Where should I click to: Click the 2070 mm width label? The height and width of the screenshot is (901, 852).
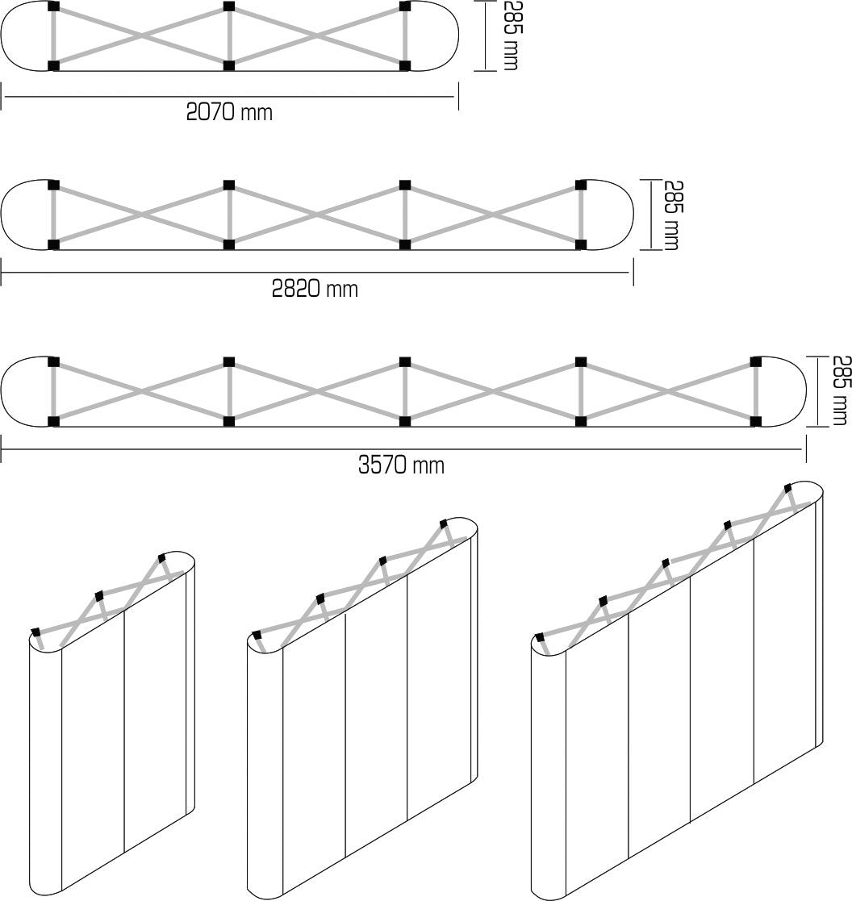click(229, 112)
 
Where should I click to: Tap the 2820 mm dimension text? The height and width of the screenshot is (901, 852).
click(315, 288)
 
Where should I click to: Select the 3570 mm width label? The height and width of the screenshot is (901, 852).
click(401, 465)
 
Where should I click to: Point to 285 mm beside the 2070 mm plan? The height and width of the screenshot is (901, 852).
click(511, 35)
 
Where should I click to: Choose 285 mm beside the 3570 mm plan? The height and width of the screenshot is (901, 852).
click(841, 390)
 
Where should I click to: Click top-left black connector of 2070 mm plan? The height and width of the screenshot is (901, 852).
click(54, 7)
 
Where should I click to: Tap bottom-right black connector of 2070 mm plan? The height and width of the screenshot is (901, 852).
click(405, 65)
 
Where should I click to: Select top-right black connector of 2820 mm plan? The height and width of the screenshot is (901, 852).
click(580, 185)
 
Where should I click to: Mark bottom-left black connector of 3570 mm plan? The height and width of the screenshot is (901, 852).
click(54, 421)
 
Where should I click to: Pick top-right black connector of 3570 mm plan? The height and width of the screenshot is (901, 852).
click(756, 361)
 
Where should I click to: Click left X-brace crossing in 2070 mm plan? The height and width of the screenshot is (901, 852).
click(142, 36)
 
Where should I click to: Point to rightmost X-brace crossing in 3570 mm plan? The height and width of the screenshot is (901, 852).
click(668, 391)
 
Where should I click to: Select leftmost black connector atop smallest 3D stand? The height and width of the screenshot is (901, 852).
click(35, 631)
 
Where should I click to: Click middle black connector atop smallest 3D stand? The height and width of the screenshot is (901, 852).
click(99, 595)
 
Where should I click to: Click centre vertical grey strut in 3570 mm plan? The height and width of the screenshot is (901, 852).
click(405, 391)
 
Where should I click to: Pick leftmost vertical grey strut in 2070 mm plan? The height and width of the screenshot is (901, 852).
click(54, 36)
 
